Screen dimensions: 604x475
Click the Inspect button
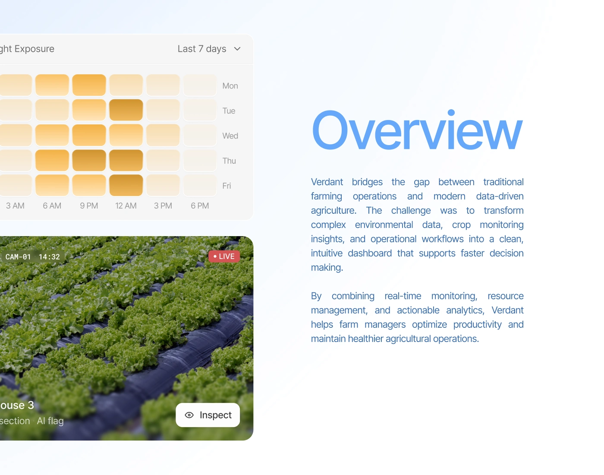point(208,415)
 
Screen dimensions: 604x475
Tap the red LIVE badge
point(224,256)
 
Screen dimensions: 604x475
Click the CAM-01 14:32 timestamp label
point(32,256)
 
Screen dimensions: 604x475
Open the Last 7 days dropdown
point(209,49)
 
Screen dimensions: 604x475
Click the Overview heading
point(417,130)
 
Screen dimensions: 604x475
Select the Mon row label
point(230,85)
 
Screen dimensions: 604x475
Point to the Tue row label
point(229,111)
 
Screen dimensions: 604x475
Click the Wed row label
point(230,136)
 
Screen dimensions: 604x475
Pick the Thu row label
point(229,161)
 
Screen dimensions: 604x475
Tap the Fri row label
point(226,186)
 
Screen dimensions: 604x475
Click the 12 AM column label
point(126,206)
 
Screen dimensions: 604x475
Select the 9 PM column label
point(89,206)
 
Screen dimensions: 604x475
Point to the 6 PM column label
point(200,206)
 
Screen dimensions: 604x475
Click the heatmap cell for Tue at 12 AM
point(126,110)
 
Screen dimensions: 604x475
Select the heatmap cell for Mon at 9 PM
point(89,85)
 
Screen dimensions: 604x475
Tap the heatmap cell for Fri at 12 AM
point(126,185)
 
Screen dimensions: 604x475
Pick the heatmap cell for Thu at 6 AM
point(52,160)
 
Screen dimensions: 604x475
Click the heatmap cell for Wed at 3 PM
point(163,135)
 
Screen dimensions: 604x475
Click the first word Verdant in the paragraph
point(327,182)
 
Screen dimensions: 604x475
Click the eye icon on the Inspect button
point(189,415)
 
